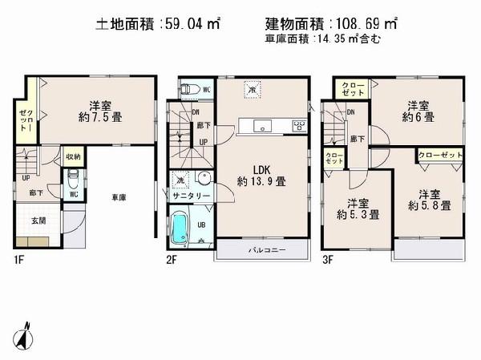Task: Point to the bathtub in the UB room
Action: coord(181,229)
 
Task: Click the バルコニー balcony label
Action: coord(262,250)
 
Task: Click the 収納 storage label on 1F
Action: coord(72,157)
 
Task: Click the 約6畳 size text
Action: coord(418,117)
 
